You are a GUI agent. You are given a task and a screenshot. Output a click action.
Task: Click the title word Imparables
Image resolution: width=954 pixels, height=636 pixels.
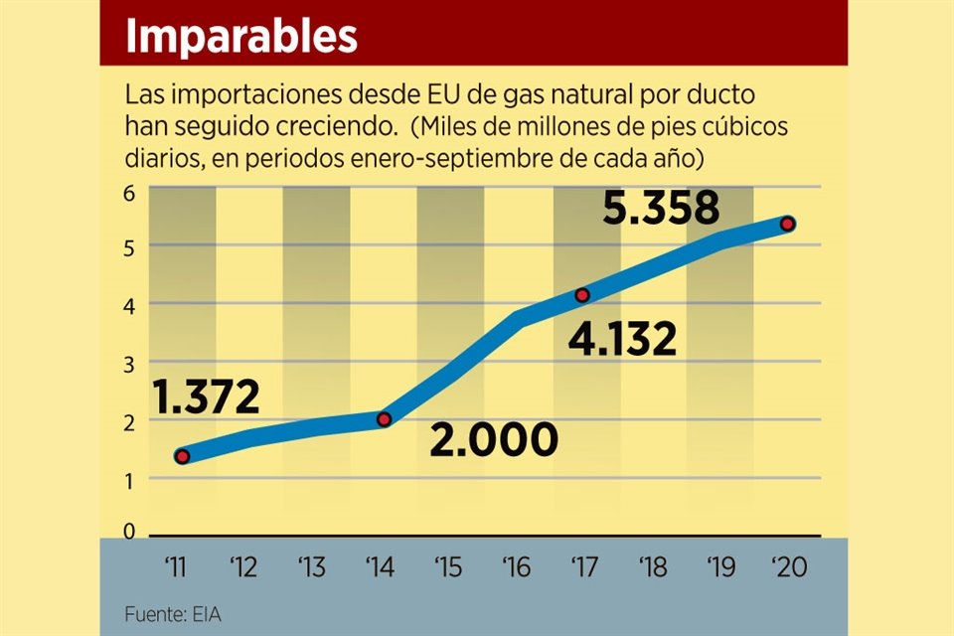point(240,36)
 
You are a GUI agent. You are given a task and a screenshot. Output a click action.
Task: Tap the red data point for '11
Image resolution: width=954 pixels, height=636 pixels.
point(182,456)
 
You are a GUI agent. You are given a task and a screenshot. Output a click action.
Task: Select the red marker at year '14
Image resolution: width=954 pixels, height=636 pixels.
point(385,419)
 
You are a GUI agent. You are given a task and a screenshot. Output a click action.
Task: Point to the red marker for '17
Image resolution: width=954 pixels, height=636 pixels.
point(582,295)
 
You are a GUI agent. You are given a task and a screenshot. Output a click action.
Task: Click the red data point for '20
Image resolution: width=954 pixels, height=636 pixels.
point(787,224)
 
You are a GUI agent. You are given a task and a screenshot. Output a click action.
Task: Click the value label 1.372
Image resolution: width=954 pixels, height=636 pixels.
point(207,397)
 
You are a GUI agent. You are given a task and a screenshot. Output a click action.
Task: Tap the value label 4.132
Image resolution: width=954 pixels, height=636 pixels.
point(622,339)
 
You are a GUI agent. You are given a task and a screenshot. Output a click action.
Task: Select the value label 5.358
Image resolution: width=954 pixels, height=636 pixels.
point(662,208)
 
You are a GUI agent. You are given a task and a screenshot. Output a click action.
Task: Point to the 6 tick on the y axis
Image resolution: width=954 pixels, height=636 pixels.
point(128,192)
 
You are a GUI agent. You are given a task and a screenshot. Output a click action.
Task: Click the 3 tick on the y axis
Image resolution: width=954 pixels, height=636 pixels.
point(128,363)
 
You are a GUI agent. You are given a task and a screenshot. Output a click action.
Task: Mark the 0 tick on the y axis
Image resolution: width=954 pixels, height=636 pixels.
point(128,532)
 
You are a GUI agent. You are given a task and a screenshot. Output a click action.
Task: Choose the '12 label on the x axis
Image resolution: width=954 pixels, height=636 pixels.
point(244,568)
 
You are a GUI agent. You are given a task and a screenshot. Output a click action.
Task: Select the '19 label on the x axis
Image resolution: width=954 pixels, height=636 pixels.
point(720,568)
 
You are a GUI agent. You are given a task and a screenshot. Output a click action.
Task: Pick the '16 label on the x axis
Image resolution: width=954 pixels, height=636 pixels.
point(517,568)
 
